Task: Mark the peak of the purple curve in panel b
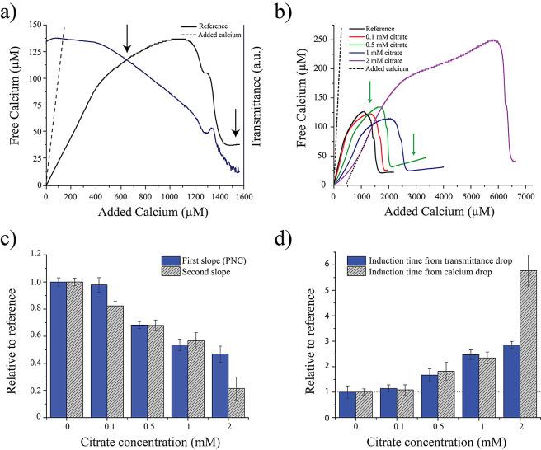pyautogui.click(x=493, y=40)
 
